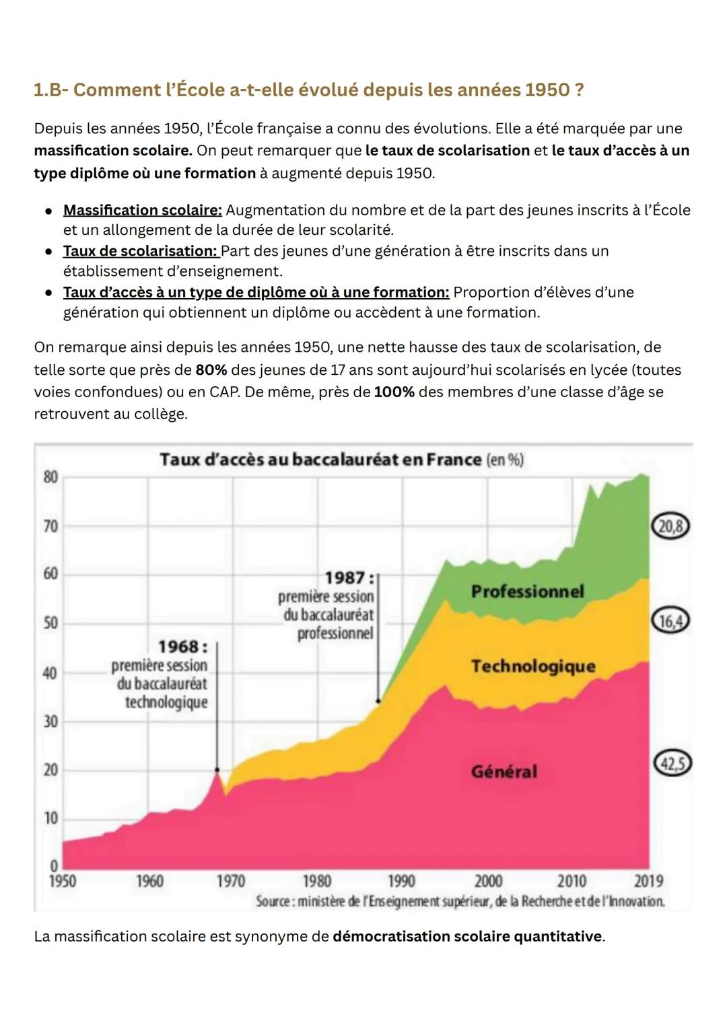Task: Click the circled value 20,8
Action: pyautogui.click(x=670, y=526)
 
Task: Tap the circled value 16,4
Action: pyautogui.click(x=670, y=621)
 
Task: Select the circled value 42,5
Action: pyautogui.click(x=672, y=764)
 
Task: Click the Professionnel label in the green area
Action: pyautogui.click(x=527, y=592)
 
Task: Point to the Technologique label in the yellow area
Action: pyautogui.click(x=533, y=666)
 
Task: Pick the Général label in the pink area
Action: pyautogui.click(x=504, y=771)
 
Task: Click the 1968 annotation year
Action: pyautogui.click(x=181, y=647)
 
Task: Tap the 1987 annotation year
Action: pyautogui.click(x=347, y=578)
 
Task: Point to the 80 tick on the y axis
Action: pyautogui.click(x=50, y=477)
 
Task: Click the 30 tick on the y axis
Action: pyautogui.click(x=50, y=721)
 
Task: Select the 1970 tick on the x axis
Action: pyautogui.click(x=230, y=881)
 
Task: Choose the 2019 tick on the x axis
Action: pyautogui.click(x=649, y=881)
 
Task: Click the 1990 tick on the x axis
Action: pyautogui.click(x=401, y=881)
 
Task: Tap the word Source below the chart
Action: pyautogui.click(x=272, y=901)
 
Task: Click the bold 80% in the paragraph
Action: pyautogui.click(x=211, y=370)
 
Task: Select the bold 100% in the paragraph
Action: pyautogui.click(x=394, y=392)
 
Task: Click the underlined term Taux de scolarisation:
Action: pyautogui.click(x=140, y=251)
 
